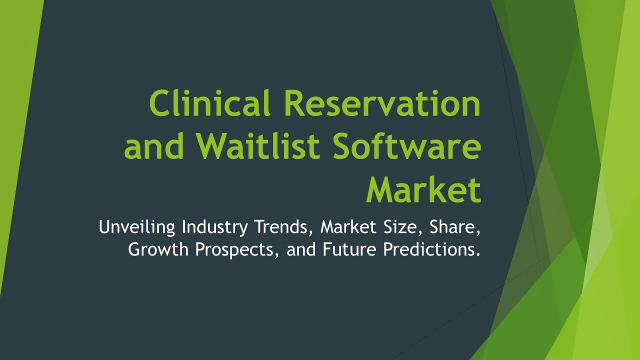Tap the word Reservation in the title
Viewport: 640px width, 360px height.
[382, 103]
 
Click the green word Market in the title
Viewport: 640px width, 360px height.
[423, 189]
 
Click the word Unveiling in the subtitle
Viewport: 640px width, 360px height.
[137, 227]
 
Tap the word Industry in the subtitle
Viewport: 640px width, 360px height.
[215, 227]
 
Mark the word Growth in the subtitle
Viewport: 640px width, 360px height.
[158, 249]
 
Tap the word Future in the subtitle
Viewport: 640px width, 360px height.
[349, 249]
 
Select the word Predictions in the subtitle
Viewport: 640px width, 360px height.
[427, 249]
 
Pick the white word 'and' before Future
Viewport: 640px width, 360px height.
[301, 249]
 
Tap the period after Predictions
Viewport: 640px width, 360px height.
[477, 254]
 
